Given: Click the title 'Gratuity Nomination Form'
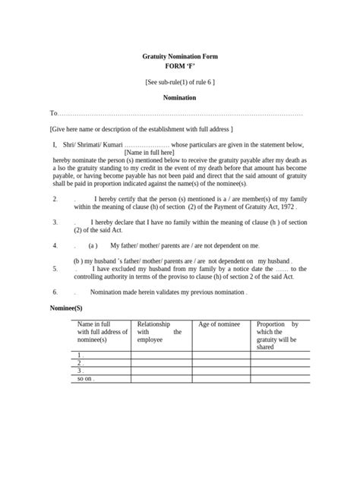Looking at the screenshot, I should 180,57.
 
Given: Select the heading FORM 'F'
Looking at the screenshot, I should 180,66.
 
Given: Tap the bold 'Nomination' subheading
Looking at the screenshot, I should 180,98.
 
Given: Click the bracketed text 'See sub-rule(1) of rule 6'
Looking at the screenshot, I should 180,82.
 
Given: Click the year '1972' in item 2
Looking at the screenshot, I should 284,206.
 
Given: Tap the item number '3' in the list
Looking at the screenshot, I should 55,223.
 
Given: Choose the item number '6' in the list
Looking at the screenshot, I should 55,292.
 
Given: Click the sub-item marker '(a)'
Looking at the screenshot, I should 93,246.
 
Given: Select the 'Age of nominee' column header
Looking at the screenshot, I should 219,324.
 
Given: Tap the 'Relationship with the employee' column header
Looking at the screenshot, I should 159,332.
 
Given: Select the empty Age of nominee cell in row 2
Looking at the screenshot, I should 221,362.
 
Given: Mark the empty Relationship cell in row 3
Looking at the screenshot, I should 162,370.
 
